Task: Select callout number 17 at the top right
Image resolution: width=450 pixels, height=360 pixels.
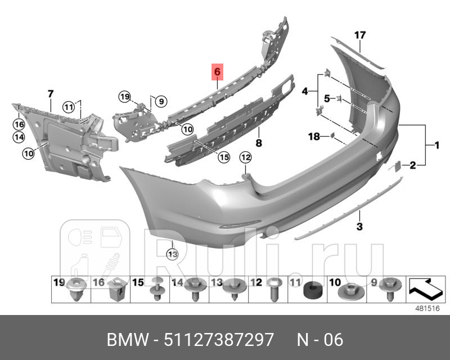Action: (x=360, y=35)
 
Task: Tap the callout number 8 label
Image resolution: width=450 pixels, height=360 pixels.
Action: (x=259, y=143)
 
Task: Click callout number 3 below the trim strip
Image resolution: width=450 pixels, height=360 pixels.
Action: (x=359, y=227)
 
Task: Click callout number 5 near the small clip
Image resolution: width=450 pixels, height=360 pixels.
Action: (x=326, y=99)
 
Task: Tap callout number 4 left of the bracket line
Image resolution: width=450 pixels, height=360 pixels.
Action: (x=305, y=91)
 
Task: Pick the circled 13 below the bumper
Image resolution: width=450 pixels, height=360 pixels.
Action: (x=172, y=254)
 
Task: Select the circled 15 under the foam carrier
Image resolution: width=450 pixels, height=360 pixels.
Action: (x=224, y=157)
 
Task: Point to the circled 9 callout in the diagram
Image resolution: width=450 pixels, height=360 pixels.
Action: (x=160, y=102)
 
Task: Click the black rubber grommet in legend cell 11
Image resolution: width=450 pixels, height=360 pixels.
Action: (x=310, y=291)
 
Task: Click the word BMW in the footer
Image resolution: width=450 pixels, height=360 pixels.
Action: (x=125, y=340)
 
